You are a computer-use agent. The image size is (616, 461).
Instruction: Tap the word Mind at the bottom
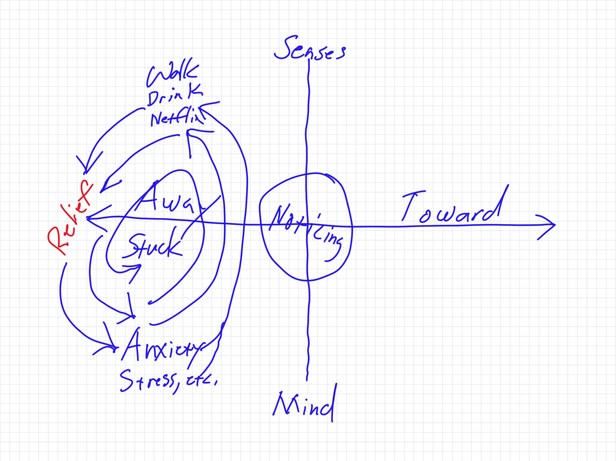[304, 404]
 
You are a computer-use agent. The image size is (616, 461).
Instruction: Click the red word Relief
[70, 217]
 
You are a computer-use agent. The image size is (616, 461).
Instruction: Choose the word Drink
[175, 96]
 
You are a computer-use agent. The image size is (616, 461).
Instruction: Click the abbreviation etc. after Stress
[201, 381]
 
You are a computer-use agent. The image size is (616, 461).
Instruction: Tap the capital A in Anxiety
[133, 345]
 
